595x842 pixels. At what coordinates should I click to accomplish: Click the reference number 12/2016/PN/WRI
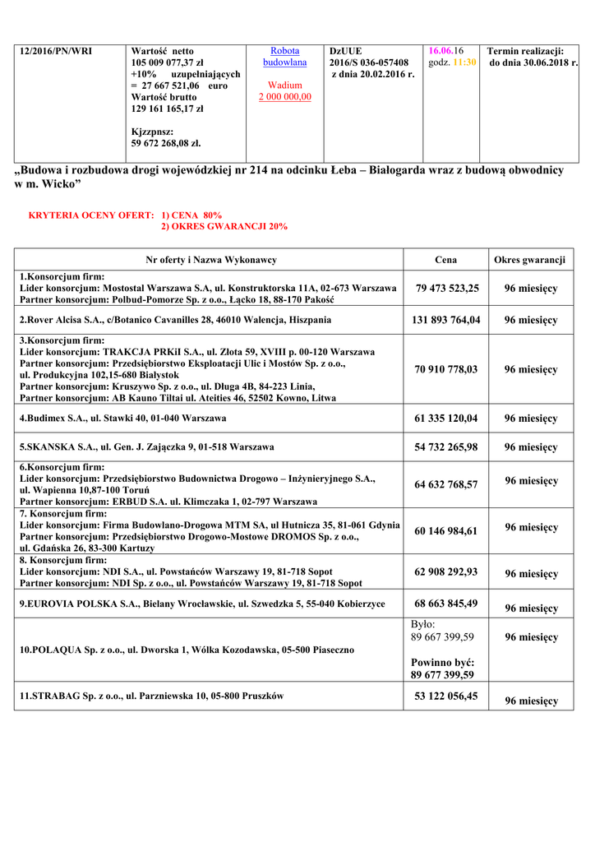click(56, 51)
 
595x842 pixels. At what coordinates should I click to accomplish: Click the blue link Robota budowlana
click(284, 57)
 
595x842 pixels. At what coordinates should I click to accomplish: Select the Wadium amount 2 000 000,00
click(284, 97)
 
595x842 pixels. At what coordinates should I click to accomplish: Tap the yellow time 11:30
click(464, 62)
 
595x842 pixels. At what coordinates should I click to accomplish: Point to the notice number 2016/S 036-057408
click(369, 62)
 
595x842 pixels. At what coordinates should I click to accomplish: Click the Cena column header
click(445, 260)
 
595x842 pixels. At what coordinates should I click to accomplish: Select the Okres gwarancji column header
click(529, 260)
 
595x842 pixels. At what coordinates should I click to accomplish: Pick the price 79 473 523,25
click(447, 289)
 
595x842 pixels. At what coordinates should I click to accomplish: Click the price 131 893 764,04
click(447, 320)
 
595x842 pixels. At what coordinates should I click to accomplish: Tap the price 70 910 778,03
click(446, 369)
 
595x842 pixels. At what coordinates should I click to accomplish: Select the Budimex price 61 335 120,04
click(446, 419)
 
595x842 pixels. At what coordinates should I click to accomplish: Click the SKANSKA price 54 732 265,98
click(446, 447)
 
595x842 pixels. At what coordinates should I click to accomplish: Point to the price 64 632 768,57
click(446, 484)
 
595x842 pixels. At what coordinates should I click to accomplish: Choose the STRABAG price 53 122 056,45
click(446, 696)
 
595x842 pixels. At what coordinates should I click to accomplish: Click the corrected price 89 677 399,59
click(443, 675)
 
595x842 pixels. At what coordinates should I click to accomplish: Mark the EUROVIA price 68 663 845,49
click(446, 604)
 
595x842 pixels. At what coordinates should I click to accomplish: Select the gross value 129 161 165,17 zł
click(168, 109)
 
